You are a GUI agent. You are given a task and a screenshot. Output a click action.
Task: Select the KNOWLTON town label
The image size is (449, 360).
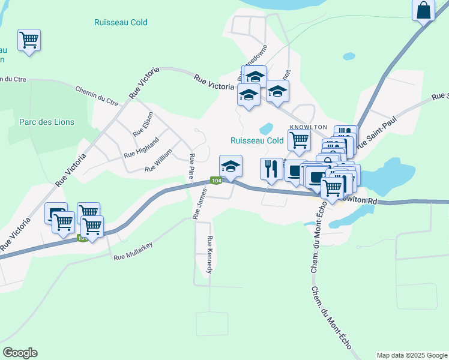(309, 127)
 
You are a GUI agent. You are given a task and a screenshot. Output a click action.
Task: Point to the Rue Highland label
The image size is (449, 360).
(141, 147)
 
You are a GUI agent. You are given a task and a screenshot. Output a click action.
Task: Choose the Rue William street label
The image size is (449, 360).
(158, 161)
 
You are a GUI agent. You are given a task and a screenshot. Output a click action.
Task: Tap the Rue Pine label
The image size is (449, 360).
(191, 166)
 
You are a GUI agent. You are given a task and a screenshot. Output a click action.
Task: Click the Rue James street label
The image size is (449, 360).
(199, 203)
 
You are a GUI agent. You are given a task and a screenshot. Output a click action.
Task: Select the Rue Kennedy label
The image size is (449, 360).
(210, 255)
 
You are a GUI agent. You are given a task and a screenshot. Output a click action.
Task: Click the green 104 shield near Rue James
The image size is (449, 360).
(216, 181)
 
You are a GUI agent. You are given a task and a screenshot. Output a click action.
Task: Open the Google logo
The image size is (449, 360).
(20, 353)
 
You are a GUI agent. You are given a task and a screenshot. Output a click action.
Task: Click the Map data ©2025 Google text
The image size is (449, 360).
(411, 355)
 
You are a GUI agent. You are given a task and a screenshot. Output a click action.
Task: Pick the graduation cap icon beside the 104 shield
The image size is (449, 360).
(230, 166)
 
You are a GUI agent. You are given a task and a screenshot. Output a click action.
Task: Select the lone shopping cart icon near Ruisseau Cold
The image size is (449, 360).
(29, 40)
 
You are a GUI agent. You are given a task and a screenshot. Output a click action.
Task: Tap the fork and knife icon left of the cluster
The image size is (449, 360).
(271, 169)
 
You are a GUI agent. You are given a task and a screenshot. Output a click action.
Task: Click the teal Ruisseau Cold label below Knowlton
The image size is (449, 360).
(257, 140)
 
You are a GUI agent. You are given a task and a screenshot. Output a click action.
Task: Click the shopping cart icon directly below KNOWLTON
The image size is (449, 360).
(299, 140)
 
